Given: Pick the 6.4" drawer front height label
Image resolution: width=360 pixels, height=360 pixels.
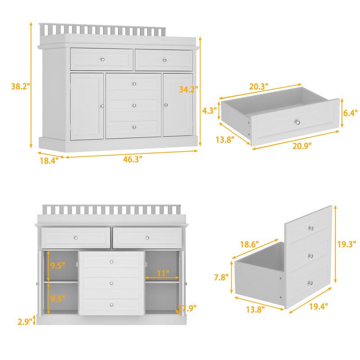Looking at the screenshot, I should tap(350, 113).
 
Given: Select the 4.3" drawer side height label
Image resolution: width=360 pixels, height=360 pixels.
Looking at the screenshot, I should tap(210, 110).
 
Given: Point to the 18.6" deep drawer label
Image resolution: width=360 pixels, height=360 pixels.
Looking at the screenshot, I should tap(250, 244).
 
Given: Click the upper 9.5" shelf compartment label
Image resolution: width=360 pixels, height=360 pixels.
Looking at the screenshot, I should tap(58, 265).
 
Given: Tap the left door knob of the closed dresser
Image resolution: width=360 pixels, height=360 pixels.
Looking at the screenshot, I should tap(103, 106).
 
